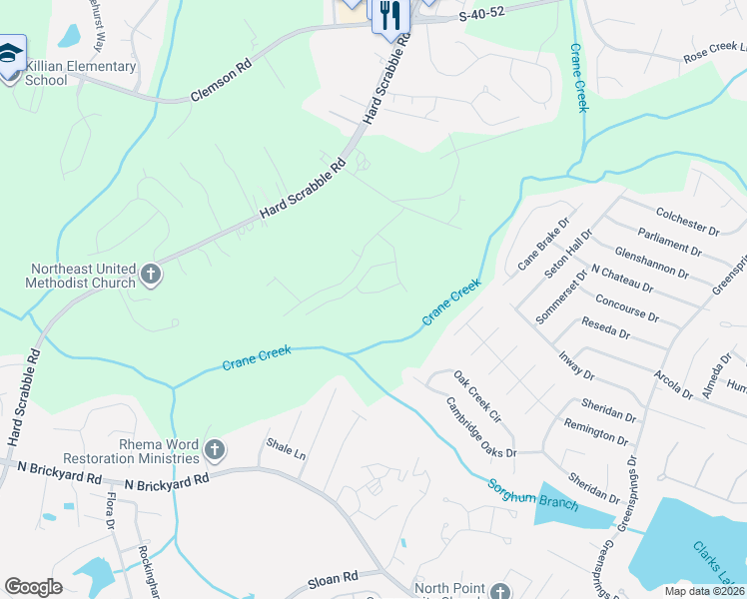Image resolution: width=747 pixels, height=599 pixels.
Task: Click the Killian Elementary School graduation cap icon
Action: tap(11, 52)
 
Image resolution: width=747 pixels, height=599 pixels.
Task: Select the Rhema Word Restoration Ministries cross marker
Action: tap(213, 451)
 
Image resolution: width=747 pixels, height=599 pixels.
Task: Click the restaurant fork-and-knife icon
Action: tap(388, 15)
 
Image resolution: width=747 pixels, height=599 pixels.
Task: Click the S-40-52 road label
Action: tap(483, 16)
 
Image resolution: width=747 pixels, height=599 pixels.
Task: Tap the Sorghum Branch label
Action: tap(532, 495)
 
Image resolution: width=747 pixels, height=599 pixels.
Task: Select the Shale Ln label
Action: tap(286, 446)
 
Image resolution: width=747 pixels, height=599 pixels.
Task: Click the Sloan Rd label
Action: tap(333, 578)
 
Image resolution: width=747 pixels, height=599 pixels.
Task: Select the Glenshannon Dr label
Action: tap(652, 264)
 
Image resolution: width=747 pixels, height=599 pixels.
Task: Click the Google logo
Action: tap(33, 587)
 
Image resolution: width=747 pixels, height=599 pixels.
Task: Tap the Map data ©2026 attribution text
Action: tap(704, 591)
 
